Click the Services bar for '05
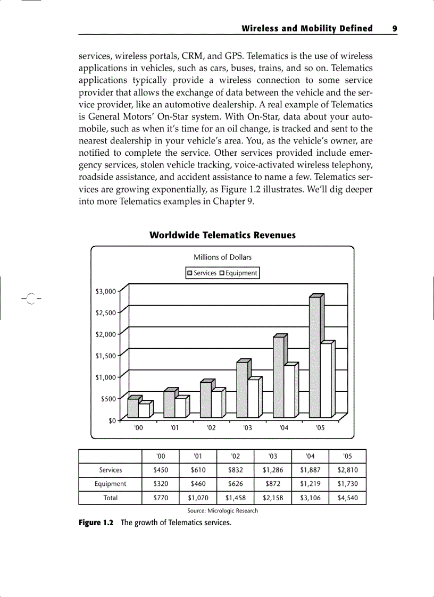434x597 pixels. pyautogui.click(x=315, y=357)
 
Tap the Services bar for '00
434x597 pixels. pyautogui.click(x=133, y=408)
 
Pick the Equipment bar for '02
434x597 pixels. pyautogui.click(x=216, y=405)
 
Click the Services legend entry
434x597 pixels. pyautogui.click(x=202, y=273)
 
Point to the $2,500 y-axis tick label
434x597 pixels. pyautogui.click(x=105, y=313)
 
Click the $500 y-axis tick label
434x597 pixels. pyautogui.click(x=108, y=399)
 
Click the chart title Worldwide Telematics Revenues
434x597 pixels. pyautogui.click(x=222, y=235)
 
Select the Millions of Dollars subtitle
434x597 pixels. pyautogui.click(x=222, y=257)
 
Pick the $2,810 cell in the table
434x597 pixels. pyautogui.click(x=347, y=470)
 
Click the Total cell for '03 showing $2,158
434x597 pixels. pyautogui.click(x=273, y=498)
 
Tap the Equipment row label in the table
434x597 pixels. pyautogui.click(x=111, y=484)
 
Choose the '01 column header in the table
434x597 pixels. pyautogui.click(x=198, y=456)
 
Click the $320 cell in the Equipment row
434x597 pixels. pyautogui.click(x=161, y=484)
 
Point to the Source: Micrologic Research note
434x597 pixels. pyautogui.click(x=222, y=511)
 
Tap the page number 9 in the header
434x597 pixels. pyautogui.click(x=394, y=29)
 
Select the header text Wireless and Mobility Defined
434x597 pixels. pyautogui.click(x=307, y=29)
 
